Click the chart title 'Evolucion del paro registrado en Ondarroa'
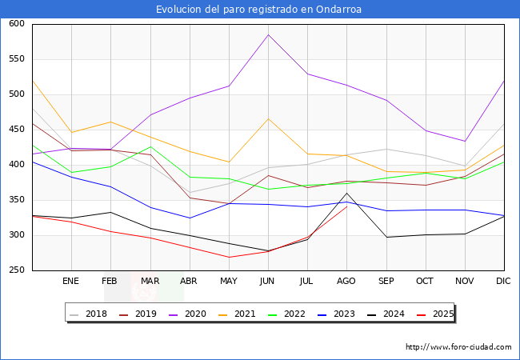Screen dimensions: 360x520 pos(259,10)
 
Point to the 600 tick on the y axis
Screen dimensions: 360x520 pos(15,24)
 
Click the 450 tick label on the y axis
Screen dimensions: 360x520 pos(15,130)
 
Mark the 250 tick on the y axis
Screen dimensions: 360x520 pos(15,270)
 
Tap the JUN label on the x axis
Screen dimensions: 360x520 pos(268,282)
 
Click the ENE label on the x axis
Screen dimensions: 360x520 pos(71,282)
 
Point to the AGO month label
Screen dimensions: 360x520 pos(346,282)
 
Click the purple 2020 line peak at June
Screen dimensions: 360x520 pos(268,34)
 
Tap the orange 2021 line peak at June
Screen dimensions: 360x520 pos(268,118)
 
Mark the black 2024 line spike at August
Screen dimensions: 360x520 pos(346,194)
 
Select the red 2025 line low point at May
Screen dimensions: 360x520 pos(229,257)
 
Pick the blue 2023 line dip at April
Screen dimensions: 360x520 pos(190,218)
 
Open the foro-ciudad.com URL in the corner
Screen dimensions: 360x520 pos(458,347)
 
